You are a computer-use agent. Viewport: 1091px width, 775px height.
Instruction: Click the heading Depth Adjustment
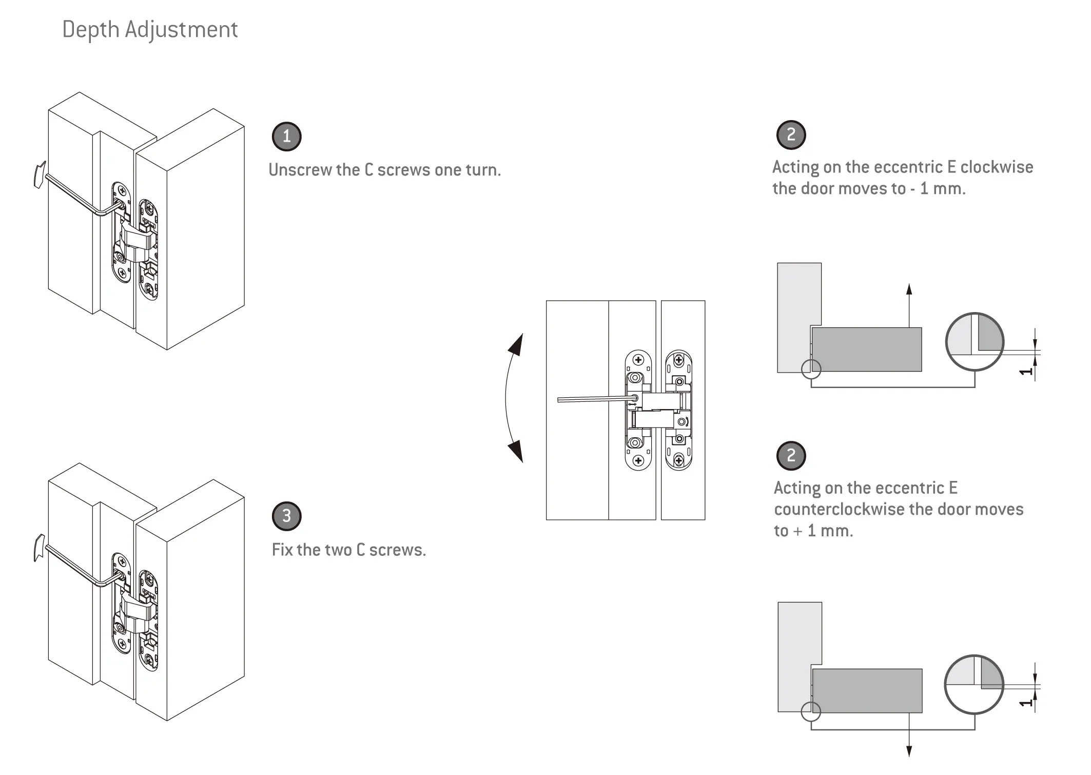pyautogui.click(x=150, y=30)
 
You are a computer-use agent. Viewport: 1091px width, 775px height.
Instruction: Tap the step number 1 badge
pyautogui.click(x=286, y=137)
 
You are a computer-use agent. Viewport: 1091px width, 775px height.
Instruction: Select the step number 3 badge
pyautogui.click(x=286, y=516)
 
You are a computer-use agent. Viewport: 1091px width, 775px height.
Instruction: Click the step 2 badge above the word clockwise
pyautogui.click(x=791, y=135)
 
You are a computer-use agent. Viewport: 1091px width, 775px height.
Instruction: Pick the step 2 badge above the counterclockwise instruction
pyautogui.click(x=791, y=455)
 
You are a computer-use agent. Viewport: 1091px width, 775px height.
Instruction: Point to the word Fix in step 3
pyautogui.click(x=282, y=550)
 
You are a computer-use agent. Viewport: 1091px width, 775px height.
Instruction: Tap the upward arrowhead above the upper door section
pyautogui.click(x=909, y=288)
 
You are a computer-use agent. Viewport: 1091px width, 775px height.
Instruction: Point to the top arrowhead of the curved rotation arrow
pyautogui.click(x=517, y=344)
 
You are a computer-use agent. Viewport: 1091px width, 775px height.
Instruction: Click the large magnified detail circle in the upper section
pyautogui.click(x=974, y=341)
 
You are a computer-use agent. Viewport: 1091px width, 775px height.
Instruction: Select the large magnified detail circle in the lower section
pyautogui.click(x=974, y=684)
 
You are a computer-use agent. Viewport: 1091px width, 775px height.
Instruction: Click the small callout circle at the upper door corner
pyautogui.click(x=811, y=369)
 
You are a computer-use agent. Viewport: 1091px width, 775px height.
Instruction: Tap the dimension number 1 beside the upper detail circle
pyautogui.click(x=1025, y=371)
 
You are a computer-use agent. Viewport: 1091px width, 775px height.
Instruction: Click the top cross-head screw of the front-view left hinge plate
pyautogui.click(x=638, y=360)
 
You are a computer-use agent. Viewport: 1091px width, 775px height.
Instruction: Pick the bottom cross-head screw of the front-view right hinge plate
pyautogui.click(x=678, y=460)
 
